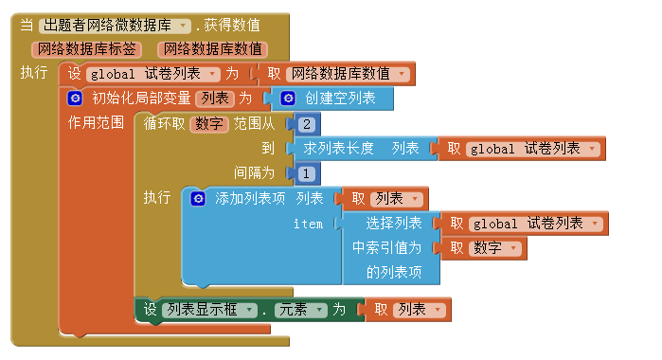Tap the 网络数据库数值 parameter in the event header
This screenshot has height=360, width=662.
(x=214, y=49)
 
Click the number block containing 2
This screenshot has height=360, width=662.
(x=306, y=124)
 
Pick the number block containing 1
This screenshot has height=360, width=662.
(x=306, y=173)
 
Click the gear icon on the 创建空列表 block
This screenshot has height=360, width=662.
(x=287, y=98)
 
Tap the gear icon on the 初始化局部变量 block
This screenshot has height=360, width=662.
(x=75, y=98)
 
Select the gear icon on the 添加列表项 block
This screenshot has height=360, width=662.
(x=197, y=199)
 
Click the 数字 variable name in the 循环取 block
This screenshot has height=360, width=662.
(x=209, y=124)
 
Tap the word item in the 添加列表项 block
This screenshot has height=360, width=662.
(x=308, y=224)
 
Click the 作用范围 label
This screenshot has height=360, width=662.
(x=96, y=123)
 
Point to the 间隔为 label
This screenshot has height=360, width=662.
(x=254, y=172)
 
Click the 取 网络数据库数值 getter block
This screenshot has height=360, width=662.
(x=336, y=73)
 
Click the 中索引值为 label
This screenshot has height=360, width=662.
(x=387, y=248)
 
